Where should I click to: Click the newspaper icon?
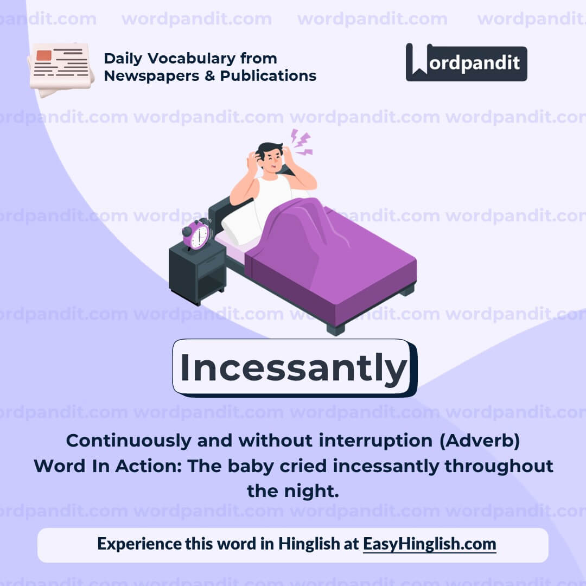click(61, 68)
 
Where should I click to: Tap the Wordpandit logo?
click(466, 62)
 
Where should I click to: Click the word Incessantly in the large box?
click(294, 367)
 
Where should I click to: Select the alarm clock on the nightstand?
click(197, 234)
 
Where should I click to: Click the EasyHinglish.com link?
click(429, 544)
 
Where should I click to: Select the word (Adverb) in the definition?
click(479, 441)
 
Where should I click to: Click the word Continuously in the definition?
click(129, 441)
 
